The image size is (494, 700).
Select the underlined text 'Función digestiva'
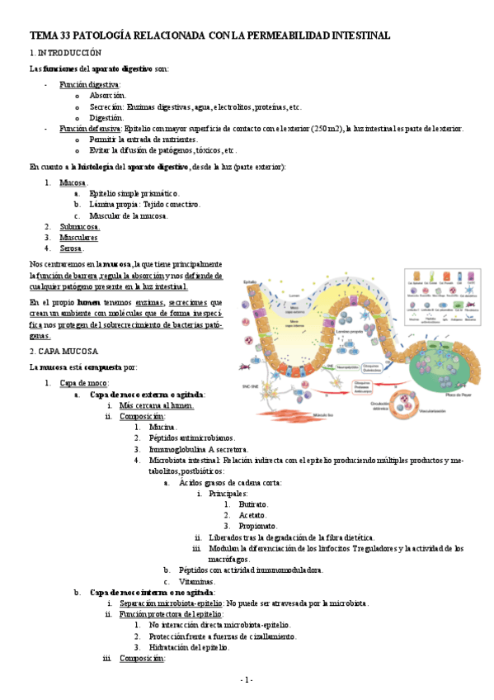(x=90, y=85)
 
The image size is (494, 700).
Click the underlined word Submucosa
(x=80, y=226)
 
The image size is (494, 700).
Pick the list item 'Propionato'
(x=257, y=526)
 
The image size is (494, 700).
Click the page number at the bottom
(x=247, y=679)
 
